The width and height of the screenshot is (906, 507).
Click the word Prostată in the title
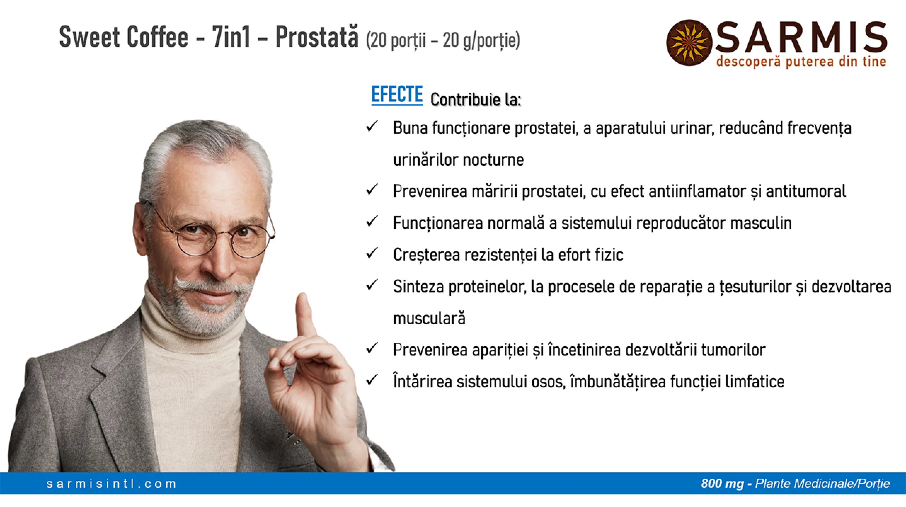[317, 37]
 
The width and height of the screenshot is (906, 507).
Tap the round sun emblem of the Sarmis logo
[689, 42]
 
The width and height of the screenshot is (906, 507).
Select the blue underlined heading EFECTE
[397, 95]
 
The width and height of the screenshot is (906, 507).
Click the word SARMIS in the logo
[801, 37]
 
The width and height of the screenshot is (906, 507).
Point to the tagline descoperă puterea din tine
[801, 62]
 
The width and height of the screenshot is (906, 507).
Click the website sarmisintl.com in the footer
[111, 484]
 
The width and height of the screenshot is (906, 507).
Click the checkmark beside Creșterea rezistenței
[372, 253]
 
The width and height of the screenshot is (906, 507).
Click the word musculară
[429, 318]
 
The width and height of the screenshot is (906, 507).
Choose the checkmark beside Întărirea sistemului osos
[372, 380]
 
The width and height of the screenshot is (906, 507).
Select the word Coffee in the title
[157, 37]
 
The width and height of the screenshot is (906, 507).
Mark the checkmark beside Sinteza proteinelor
[372, 285]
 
